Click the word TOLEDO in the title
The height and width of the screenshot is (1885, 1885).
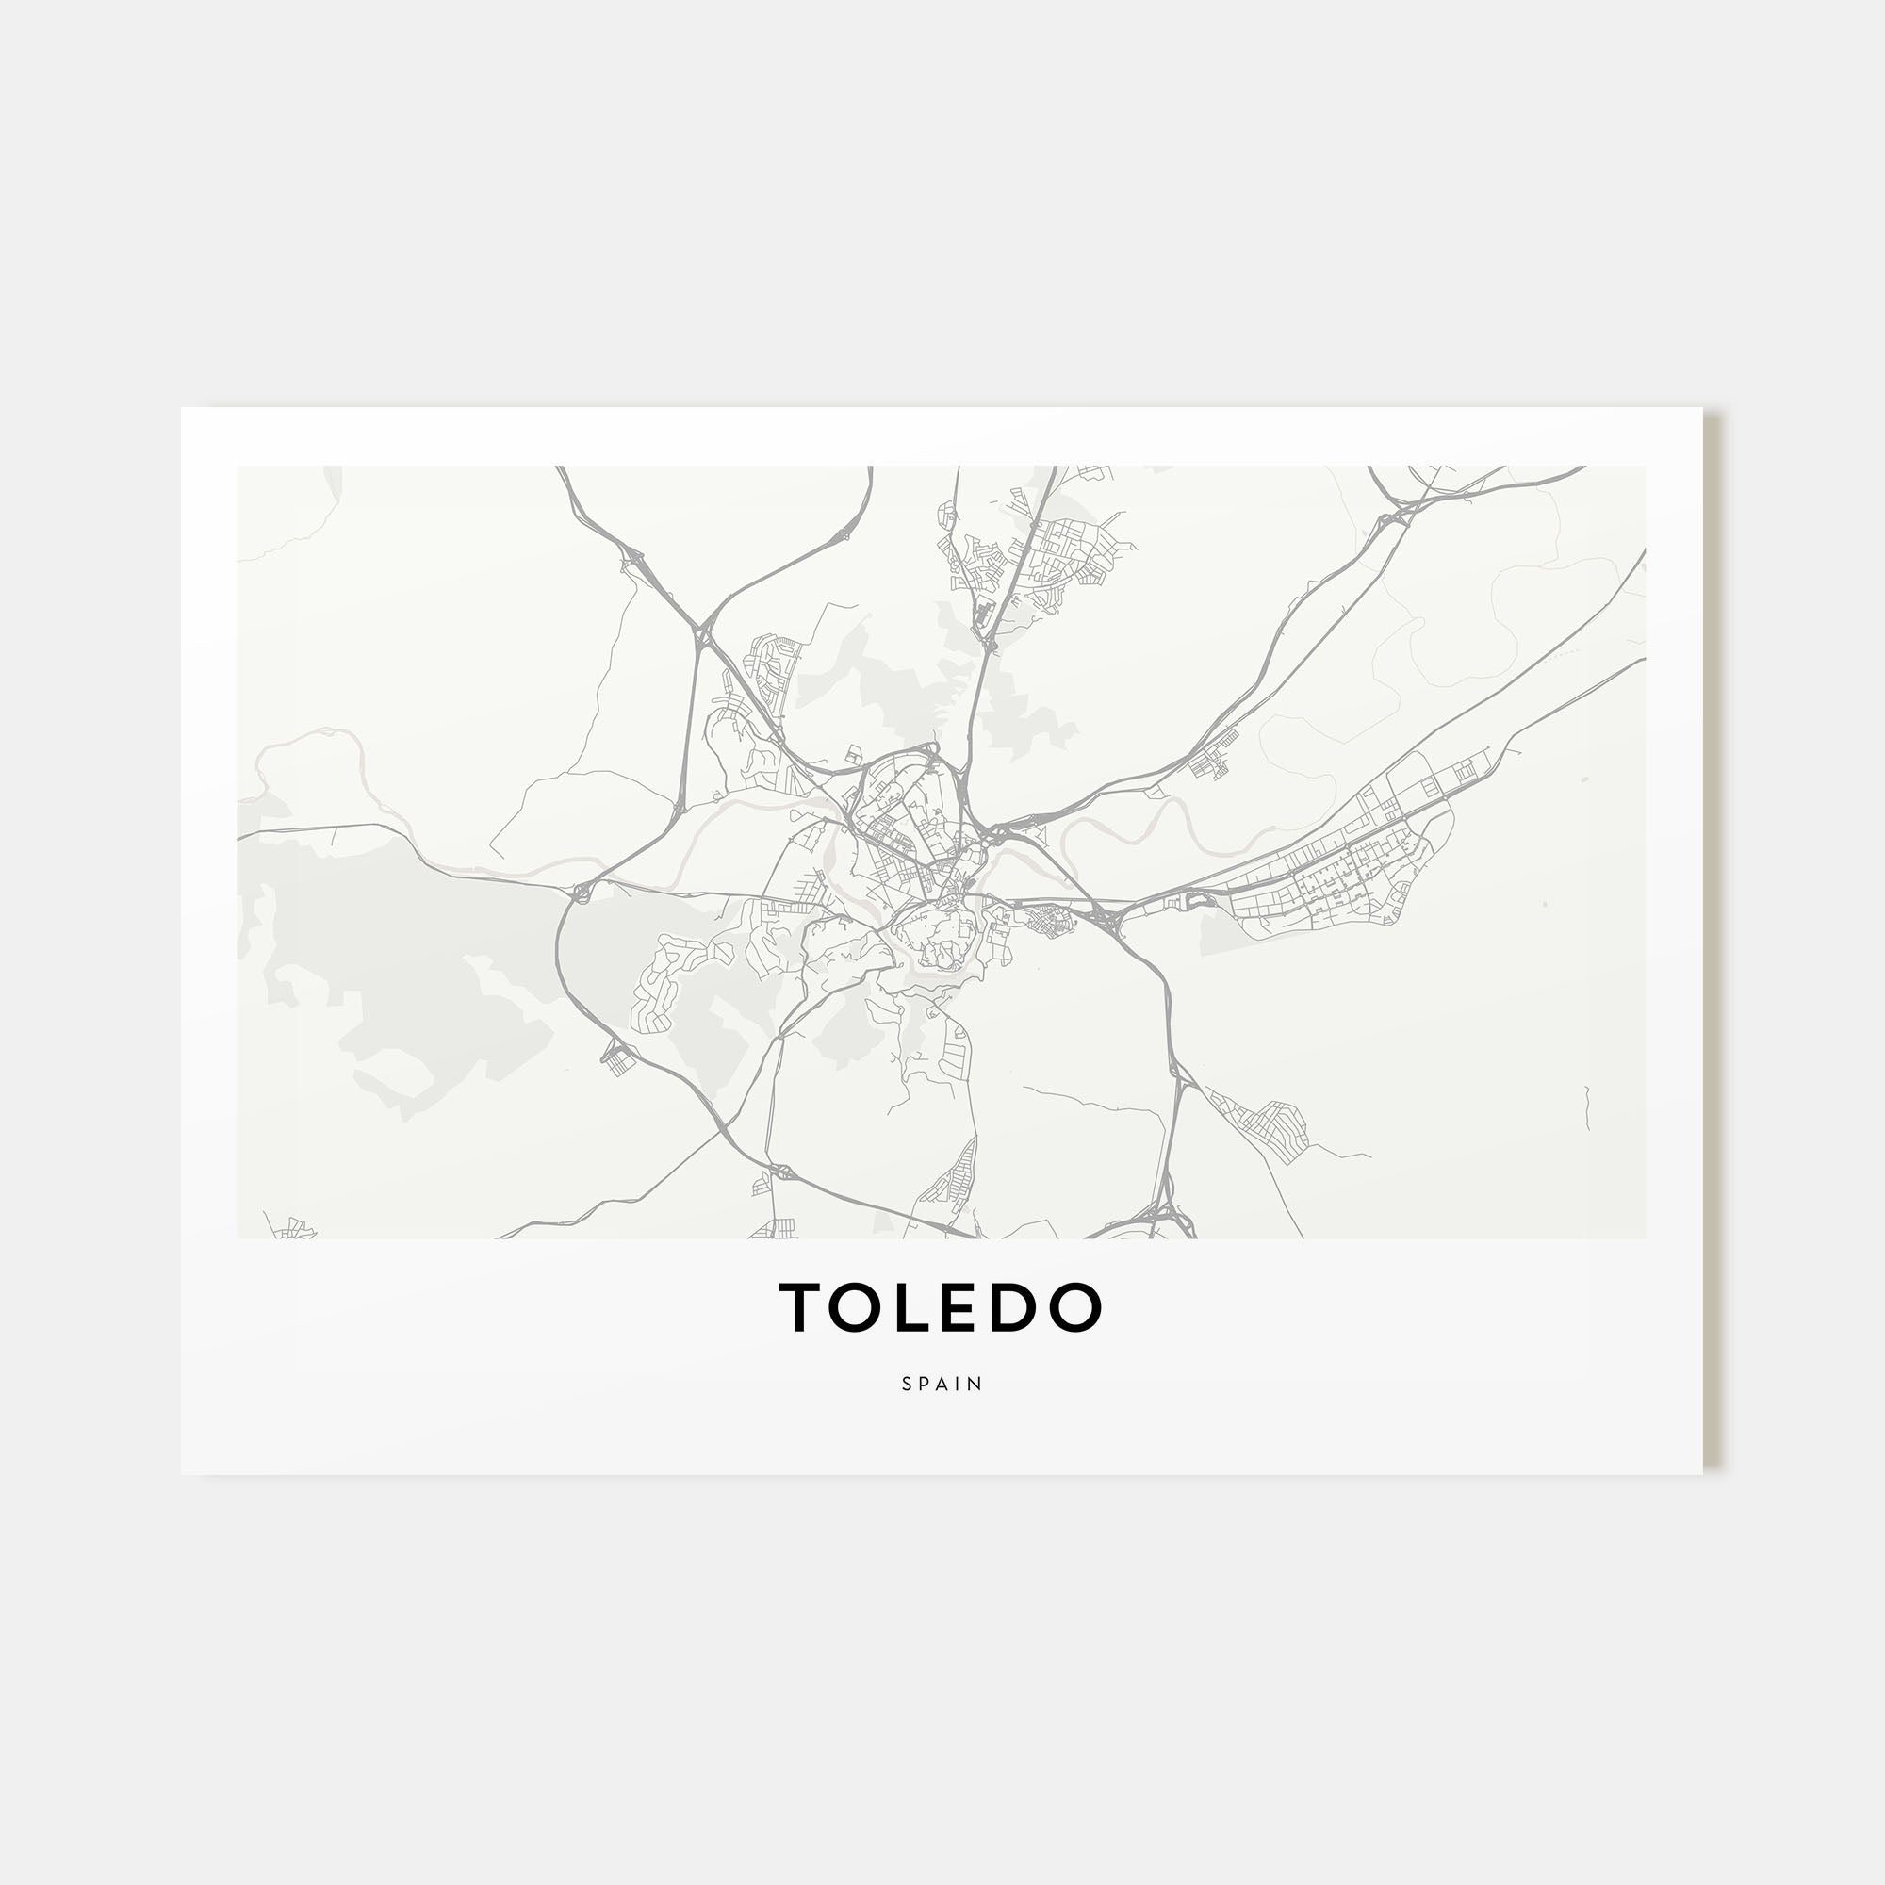[941, 1308]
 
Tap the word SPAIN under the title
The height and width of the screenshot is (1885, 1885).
[942, 1384]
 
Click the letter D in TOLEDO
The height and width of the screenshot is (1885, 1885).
[1018, 1308]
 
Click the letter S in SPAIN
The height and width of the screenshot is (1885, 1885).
[908, 1384]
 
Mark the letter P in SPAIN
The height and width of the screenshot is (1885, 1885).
[925, 1384]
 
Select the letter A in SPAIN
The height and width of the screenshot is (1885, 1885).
[942, 1384]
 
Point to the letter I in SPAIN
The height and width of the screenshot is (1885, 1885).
[959, 1384]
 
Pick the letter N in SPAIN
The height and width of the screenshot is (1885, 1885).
[975, 1384]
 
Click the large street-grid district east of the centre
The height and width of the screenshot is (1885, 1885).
[1336, 878]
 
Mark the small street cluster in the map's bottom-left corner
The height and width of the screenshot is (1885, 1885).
[293, 1229]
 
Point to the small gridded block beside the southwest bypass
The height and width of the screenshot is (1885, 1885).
[619, 1058]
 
